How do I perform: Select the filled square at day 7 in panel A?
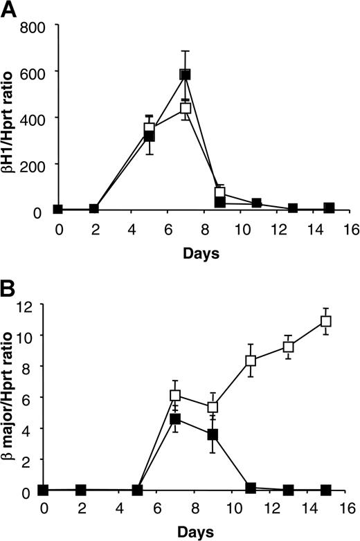[185, 75]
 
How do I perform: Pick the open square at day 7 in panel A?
[185, 109]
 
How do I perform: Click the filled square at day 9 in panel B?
[213, 434]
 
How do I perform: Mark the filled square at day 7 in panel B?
[175, 419]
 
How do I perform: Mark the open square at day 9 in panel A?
[221, 193]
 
